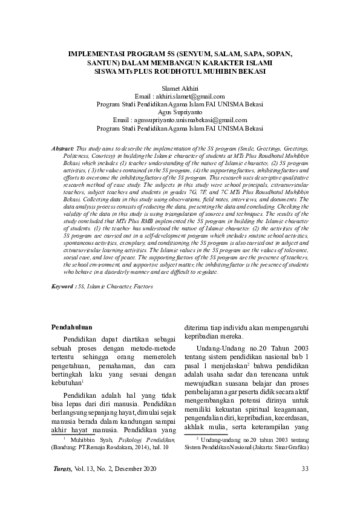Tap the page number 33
pyautogui.click(x=305, y=468)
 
